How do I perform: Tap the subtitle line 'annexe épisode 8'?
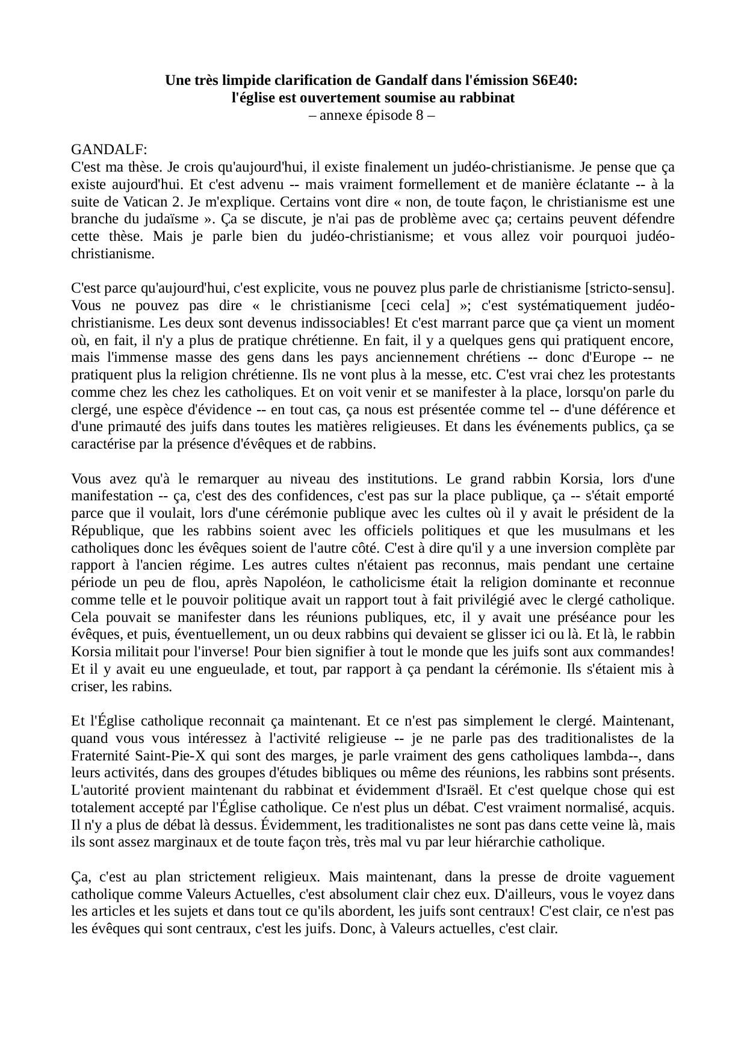pos(373,115)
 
